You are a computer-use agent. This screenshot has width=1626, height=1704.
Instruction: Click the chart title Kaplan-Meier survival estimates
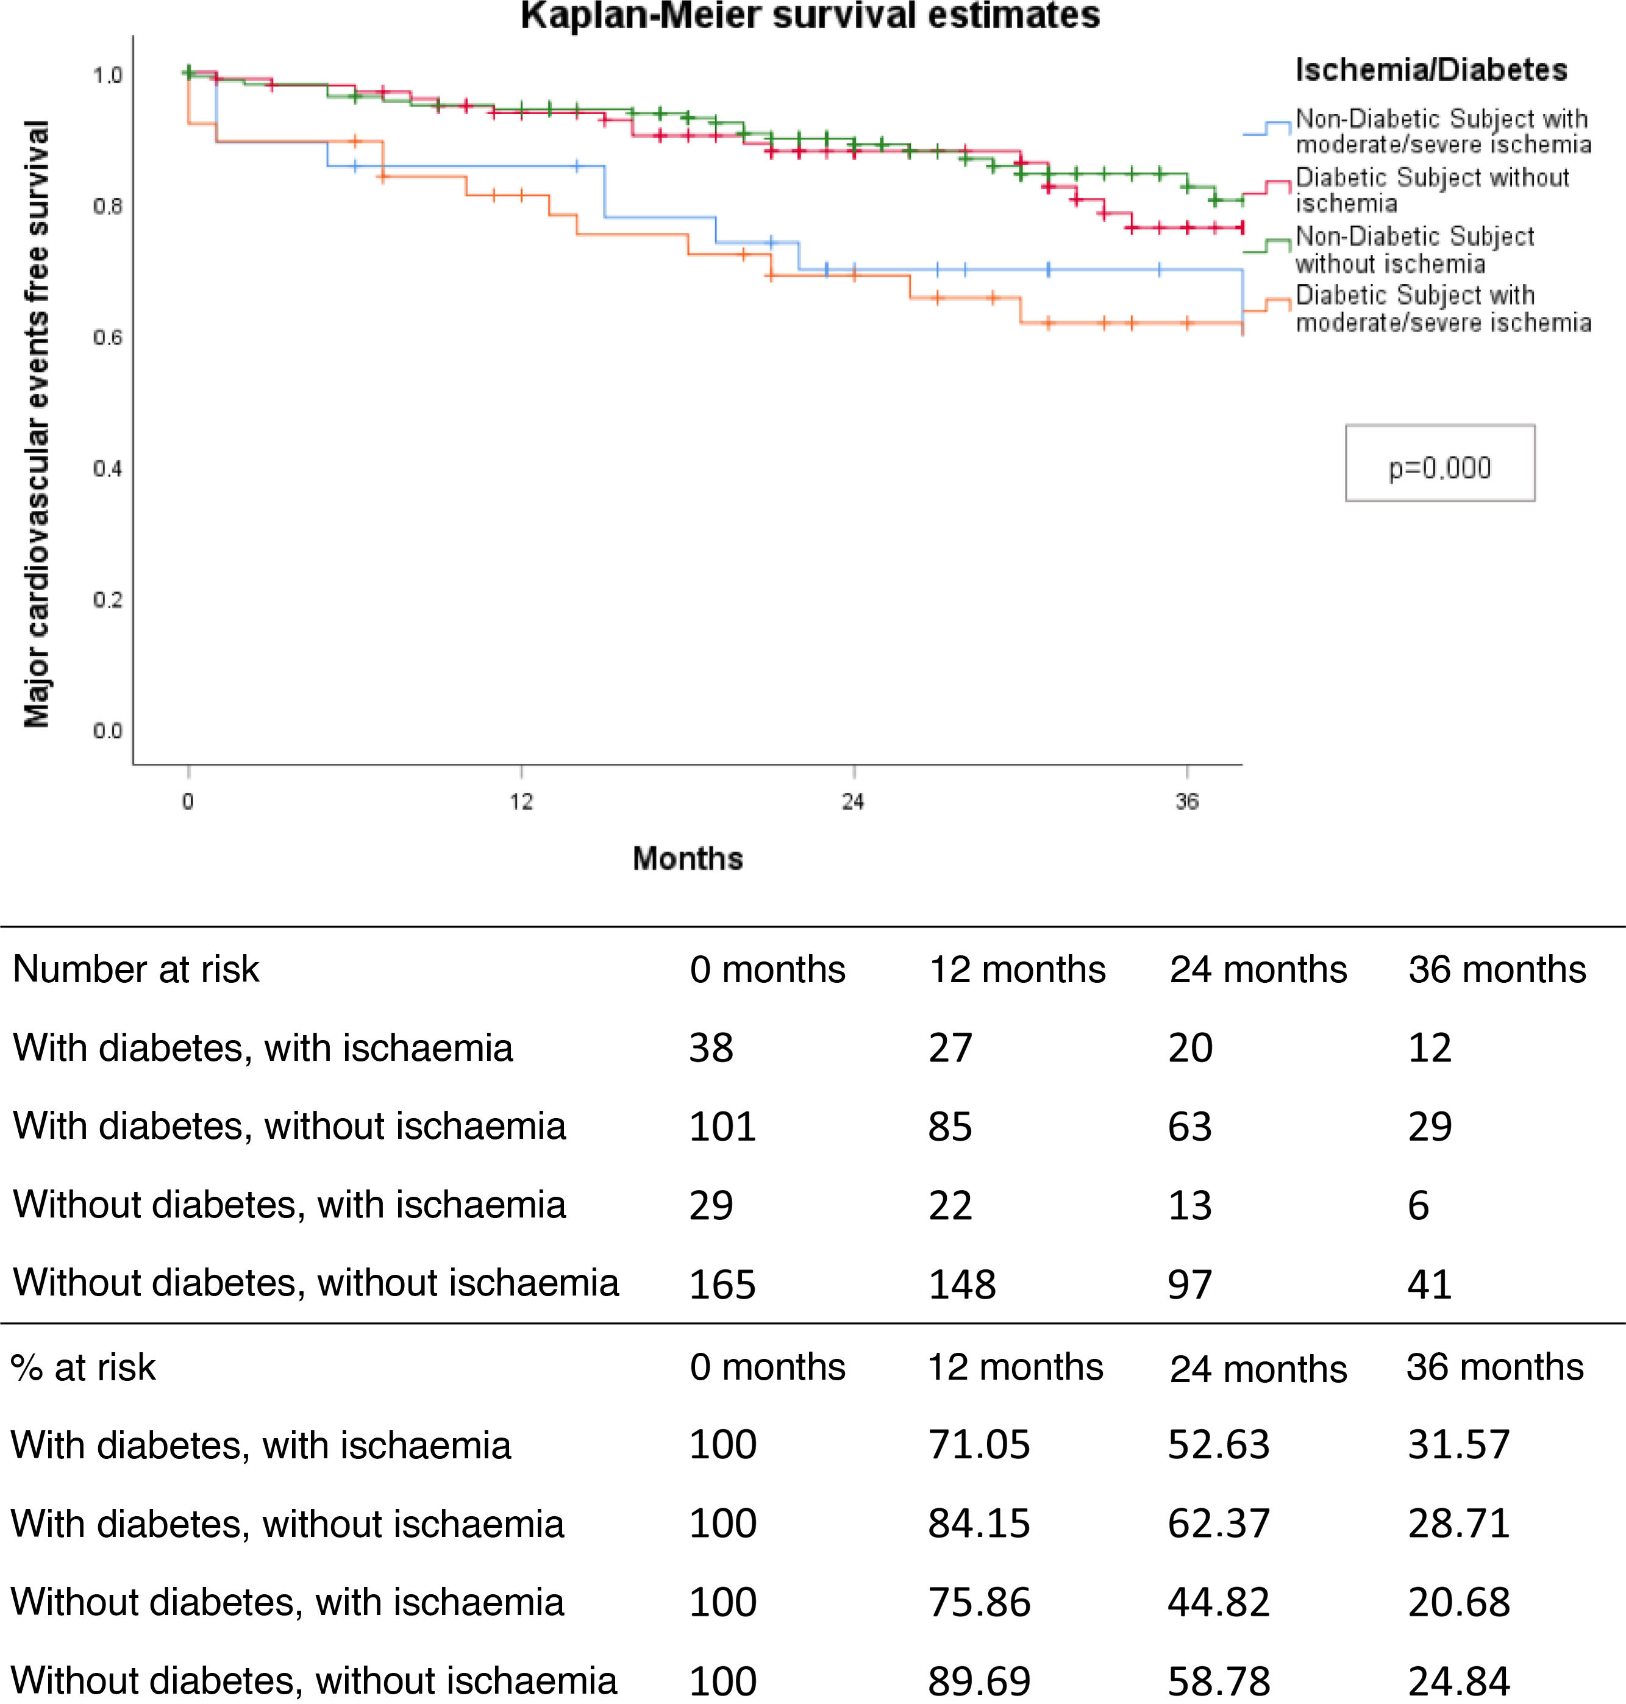[810, 16]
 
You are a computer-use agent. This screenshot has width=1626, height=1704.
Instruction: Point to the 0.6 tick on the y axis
[107, 337]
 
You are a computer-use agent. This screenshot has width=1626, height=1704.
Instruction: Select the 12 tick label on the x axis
[521, 802]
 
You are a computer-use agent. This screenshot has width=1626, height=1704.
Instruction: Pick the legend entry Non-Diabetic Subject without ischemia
[1414, 249]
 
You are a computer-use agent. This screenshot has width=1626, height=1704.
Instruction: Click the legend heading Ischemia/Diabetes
[1431, 70]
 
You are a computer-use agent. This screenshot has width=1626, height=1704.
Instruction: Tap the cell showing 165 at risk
[722, 1283]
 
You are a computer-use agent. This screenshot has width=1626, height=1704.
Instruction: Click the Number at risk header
[136, 969]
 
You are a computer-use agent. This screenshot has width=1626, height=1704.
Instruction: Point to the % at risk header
[83, 1367]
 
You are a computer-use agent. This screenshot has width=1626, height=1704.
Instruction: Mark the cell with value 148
[962, 1283]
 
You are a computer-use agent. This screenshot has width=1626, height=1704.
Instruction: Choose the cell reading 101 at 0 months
[722, 1126]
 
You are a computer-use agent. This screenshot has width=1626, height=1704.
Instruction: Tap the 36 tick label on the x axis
[1186, 802]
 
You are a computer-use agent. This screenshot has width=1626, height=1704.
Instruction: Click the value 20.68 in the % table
[1459, 1602]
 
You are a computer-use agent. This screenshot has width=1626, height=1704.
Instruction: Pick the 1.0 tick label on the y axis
[107, 76]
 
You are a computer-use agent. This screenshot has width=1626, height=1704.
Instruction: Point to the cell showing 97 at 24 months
[1189, 1283]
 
